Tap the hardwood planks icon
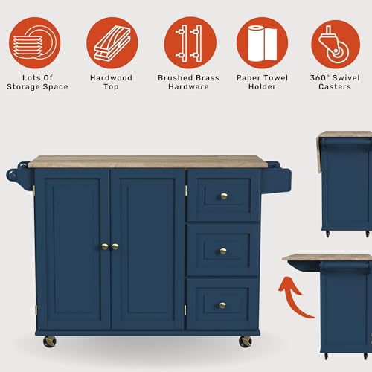[x=110, y=43]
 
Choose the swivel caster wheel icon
[x=333, y=43]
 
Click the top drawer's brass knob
[x=222, y=196]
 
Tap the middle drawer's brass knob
[x=222, y=251]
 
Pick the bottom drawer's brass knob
[x=222, y=305]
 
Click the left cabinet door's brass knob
[x=105, y=246]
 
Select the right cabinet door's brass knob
[x=115, y=246]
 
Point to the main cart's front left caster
[x=50, y=341]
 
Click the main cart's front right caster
[x=246, y=341]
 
